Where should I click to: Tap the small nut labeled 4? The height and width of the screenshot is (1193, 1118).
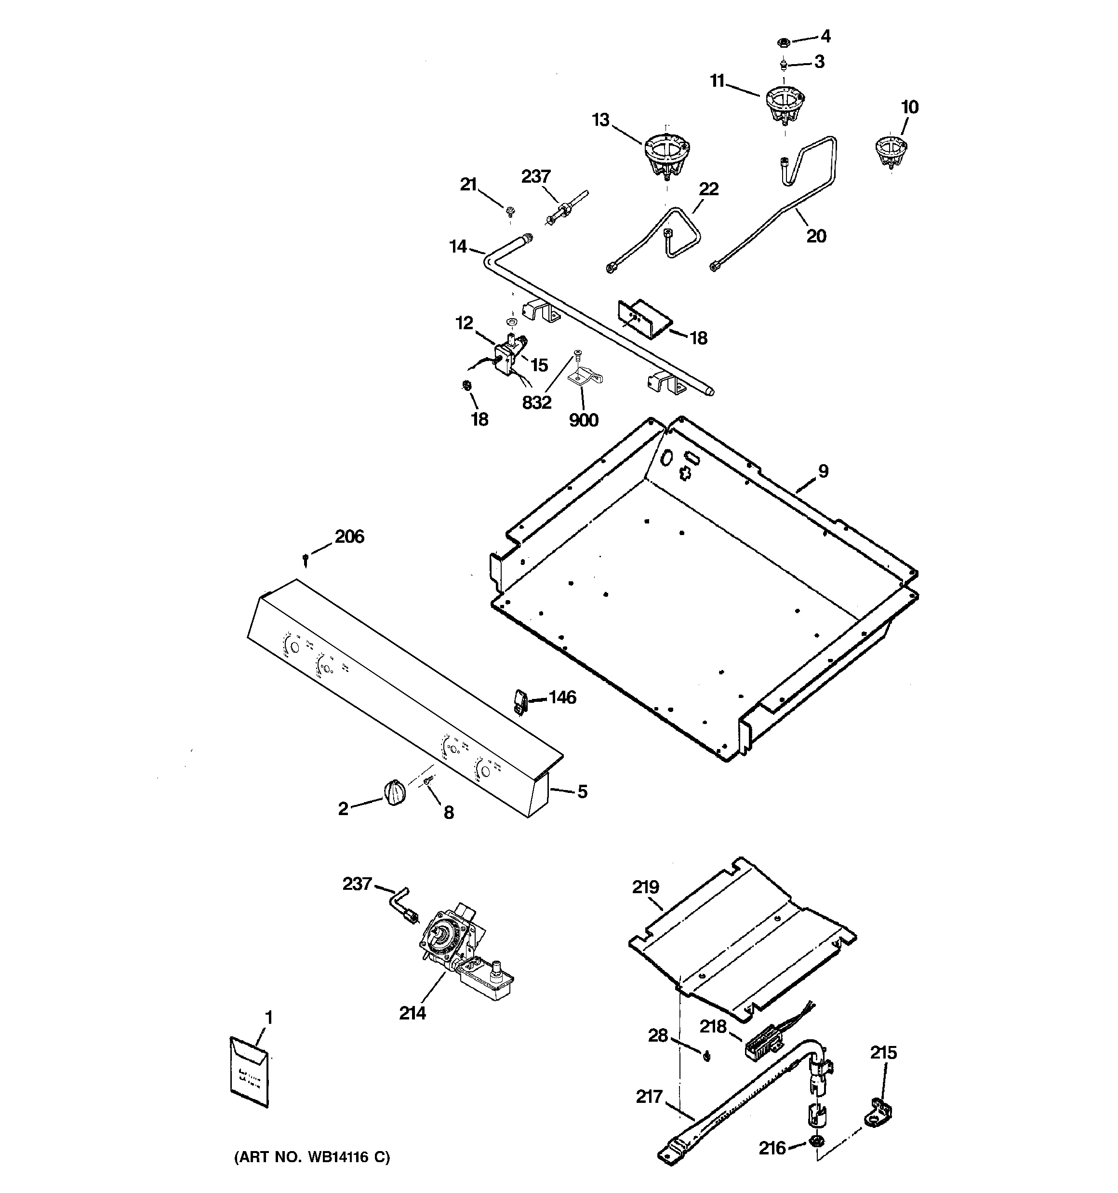tap(783, 42)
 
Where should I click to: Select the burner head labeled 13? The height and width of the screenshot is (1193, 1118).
tap(665, 155)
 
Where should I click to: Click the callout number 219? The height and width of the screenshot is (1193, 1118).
tap(645, 887)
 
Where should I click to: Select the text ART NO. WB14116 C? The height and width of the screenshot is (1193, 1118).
tap(311, 1157)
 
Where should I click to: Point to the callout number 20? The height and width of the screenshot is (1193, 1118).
tap(816, 237)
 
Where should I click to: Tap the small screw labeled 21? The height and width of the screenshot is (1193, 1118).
tap(511, 211)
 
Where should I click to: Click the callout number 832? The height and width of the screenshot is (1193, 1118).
tap(536, 402)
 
